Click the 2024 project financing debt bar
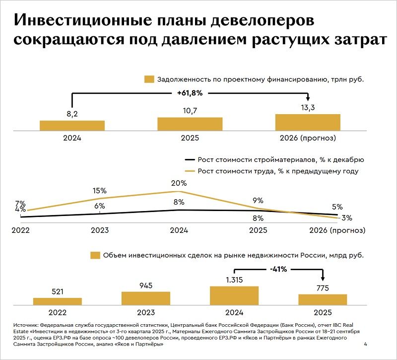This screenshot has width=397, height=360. pyautogui.click(x=72, y=126)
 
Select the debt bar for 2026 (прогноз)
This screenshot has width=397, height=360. pyautogui.click(x=308, y=122)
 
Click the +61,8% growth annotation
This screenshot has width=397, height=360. pyautogui.click(x=190, y=93)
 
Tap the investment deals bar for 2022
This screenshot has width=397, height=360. pyautogui.click(x=58, y=301)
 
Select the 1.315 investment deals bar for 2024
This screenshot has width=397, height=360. pyautogui.click(x=234, y=295)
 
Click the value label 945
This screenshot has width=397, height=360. pyautogui.click(x=146, y=286)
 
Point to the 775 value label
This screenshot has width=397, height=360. pyautogui.click(x=323, y=288)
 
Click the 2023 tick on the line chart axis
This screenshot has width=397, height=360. pyautogui.click(x=100, y=230)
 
